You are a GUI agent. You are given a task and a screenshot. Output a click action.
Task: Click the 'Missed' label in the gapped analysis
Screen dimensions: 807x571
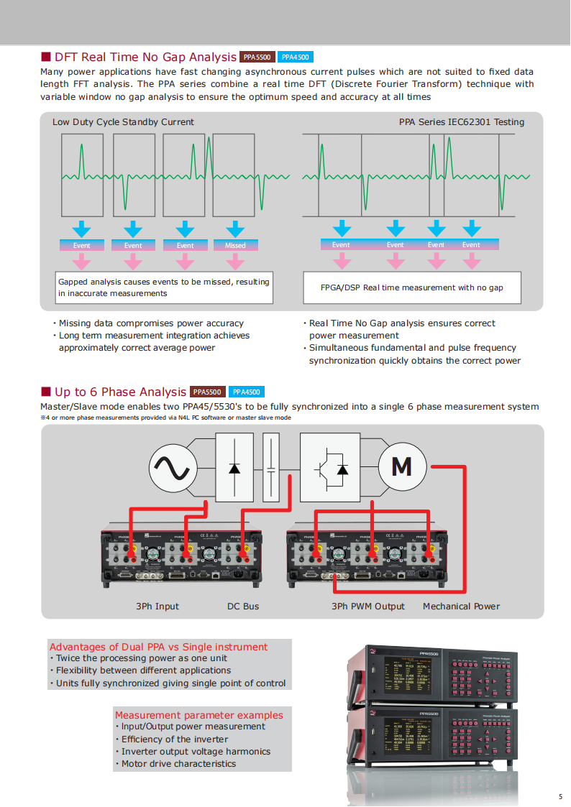235,245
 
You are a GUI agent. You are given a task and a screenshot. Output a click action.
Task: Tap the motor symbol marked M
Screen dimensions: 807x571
401,467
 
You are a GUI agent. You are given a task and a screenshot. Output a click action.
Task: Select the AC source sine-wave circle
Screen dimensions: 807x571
173,467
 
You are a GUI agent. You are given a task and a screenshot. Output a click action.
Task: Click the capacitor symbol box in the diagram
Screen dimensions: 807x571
271,467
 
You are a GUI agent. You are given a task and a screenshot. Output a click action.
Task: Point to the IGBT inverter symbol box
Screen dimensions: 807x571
332,467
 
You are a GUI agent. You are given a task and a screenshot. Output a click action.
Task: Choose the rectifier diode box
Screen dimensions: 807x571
234,467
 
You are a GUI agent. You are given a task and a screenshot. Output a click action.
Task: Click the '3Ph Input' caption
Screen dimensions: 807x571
157,607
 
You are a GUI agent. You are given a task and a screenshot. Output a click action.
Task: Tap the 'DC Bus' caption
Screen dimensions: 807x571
243,607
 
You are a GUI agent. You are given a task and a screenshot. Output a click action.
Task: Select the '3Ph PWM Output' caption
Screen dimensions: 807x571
368,607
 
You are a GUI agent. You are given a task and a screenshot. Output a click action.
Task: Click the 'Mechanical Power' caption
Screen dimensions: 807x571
461,607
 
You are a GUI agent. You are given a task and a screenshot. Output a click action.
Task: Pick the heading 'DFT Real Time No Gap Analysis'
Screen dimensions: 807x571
145,57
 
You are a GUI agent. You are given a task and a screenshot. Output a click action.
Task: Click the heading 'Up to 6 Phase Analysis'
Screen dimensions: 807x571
120,392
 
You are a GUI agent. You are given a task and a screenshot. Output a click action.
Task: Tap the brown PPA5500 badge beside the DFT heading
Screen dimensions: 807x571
257,57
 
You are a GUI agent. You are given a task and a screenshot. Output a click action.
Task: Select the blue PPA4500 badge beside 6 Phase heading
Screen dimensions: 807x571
247,392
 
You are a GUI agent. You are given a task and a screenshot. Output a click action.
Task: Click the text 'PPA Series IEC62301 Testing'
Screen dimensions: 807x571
462,122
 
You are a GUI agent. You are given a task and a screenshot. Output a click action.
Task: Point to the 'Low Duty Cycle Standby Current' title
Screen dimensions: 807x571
123,122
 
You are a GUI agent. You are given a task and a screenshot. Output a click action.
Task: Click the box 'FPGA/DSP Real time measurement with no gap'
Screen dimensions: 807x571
412,287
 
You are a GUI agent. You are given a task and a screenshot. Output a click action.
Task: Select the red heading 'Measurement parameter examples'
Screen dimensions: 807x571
199,715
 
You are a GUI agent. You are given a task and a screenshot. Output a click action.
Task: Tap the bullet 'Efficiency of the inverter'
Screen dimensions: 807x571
175,739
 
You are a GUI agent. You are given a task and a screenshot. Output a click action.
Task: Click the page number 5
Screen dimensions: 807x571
560,796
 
